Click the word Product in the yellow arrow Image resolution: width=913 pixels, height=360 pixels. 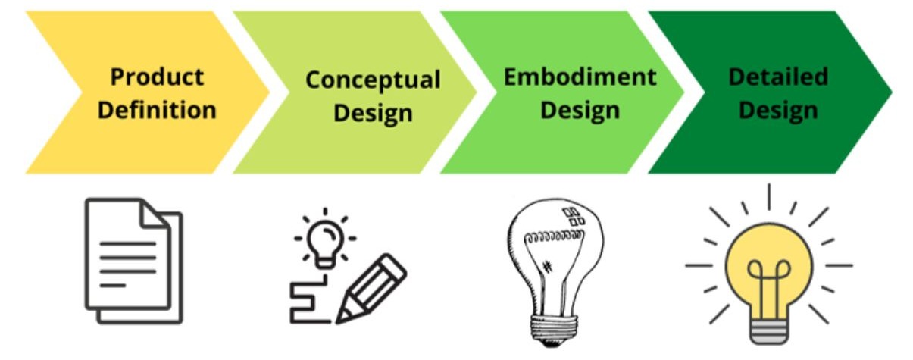157,77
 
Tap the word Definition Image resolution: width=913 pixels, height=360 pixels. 157,110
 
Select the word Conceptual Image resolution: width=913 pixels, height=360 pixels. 373,80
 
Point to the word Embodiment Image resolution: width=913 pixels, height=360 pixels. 580,77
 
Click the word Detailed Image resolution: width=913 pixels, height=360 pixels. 778,77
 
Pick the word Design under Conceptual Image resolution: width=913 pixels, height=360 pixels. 373,114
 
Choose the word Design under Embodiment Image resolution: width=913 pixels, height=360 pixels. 580,111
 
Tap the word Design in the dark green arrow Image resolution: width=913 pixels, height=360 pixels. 778,111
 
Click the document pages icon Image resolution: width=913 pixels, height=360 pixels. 133,261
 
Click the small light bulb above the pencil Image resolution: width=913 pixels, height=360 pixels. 325,244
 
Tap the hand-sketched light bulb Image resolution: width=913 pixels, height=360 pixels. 555,272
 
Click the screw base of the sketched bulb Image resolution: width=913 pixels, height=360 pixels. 555,330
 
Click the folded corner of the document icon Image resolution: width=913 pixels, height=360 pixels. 155,214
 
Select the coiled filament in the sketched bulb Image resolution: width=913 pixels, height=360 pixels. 555,236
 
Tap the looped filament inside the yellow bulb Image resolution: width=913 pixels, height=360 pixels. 769,281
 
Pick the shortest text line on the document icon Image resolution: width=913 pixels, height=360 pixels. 112,286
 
